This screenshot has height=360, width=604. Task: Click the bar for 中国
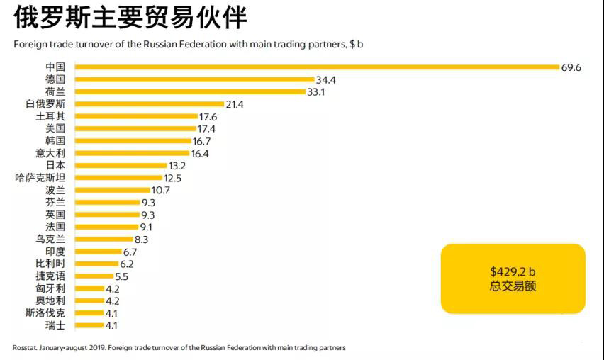[317, 67]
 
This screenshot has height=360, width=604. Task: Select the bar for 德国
[194, 79]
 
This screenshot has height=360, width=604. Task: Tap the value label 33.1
[316, 92]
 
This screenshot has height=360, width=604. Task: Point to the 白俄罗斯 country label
[45, 104]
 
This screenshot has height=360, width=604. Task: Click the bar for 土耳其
[136, 116]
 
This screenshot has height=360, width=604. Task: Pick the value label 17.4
[207, 128]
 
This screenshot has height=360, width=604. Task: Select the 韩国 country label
[55, 141]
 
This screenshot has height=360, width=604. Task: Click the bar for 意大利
[132, 153]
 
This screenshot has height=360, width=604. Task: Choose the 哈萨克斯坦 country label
[40, 178]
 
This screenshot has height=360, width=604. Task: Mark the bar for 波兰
[112, 190]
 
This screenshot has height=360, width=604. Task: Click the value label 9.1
[146, 227]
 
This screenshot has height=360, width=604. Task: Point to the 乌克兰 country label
[50, 239]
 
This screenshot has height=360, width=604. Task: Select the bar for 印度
[98, 252]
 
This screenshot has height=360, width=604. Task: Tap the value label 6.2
[127, 264]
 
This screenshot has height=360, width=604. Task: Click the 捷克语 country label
[50, 276]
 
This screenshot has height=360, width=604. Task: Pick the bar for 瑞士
[89, 325]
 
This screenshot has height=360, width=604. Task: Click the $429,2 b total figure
[513, 271]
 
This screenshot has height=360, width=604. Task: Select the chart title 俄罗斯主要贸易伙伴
[130, 18]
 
